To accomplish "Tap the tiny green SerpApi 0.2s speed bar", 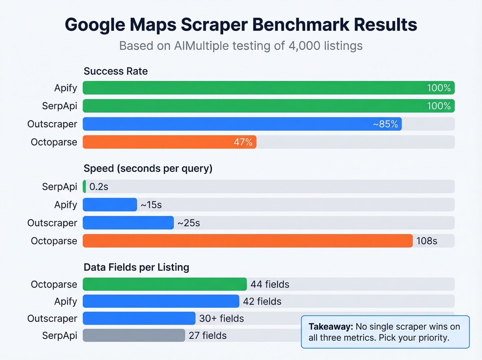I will coord(84,186).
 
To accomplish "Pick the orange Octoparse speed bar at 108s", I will coord(248,241).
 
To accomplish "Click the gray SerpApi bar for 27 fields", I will coord(134,335).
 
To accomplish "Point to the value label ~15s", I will coord(151,205).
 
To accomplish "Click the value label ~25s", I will coord(189,223).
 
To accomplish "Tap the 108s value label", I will coord(427,241).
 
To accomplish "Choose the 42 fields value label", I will coord(262,301).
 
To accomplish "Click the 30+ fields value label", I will coord(221,318).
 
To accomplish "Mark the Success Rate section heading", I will coord(116,71).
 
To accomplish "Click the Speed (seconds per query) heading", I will coord(148,168).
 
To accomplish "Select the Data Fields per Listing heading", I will coord(136,267).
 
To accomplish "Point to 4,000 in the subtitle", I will coord(304,46).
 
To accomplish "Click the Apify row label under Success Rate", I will coord(65,88).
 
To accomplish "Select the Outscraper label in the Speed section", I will coord(52,223).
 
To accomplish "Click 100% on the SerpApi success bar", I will coord(439,106).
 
